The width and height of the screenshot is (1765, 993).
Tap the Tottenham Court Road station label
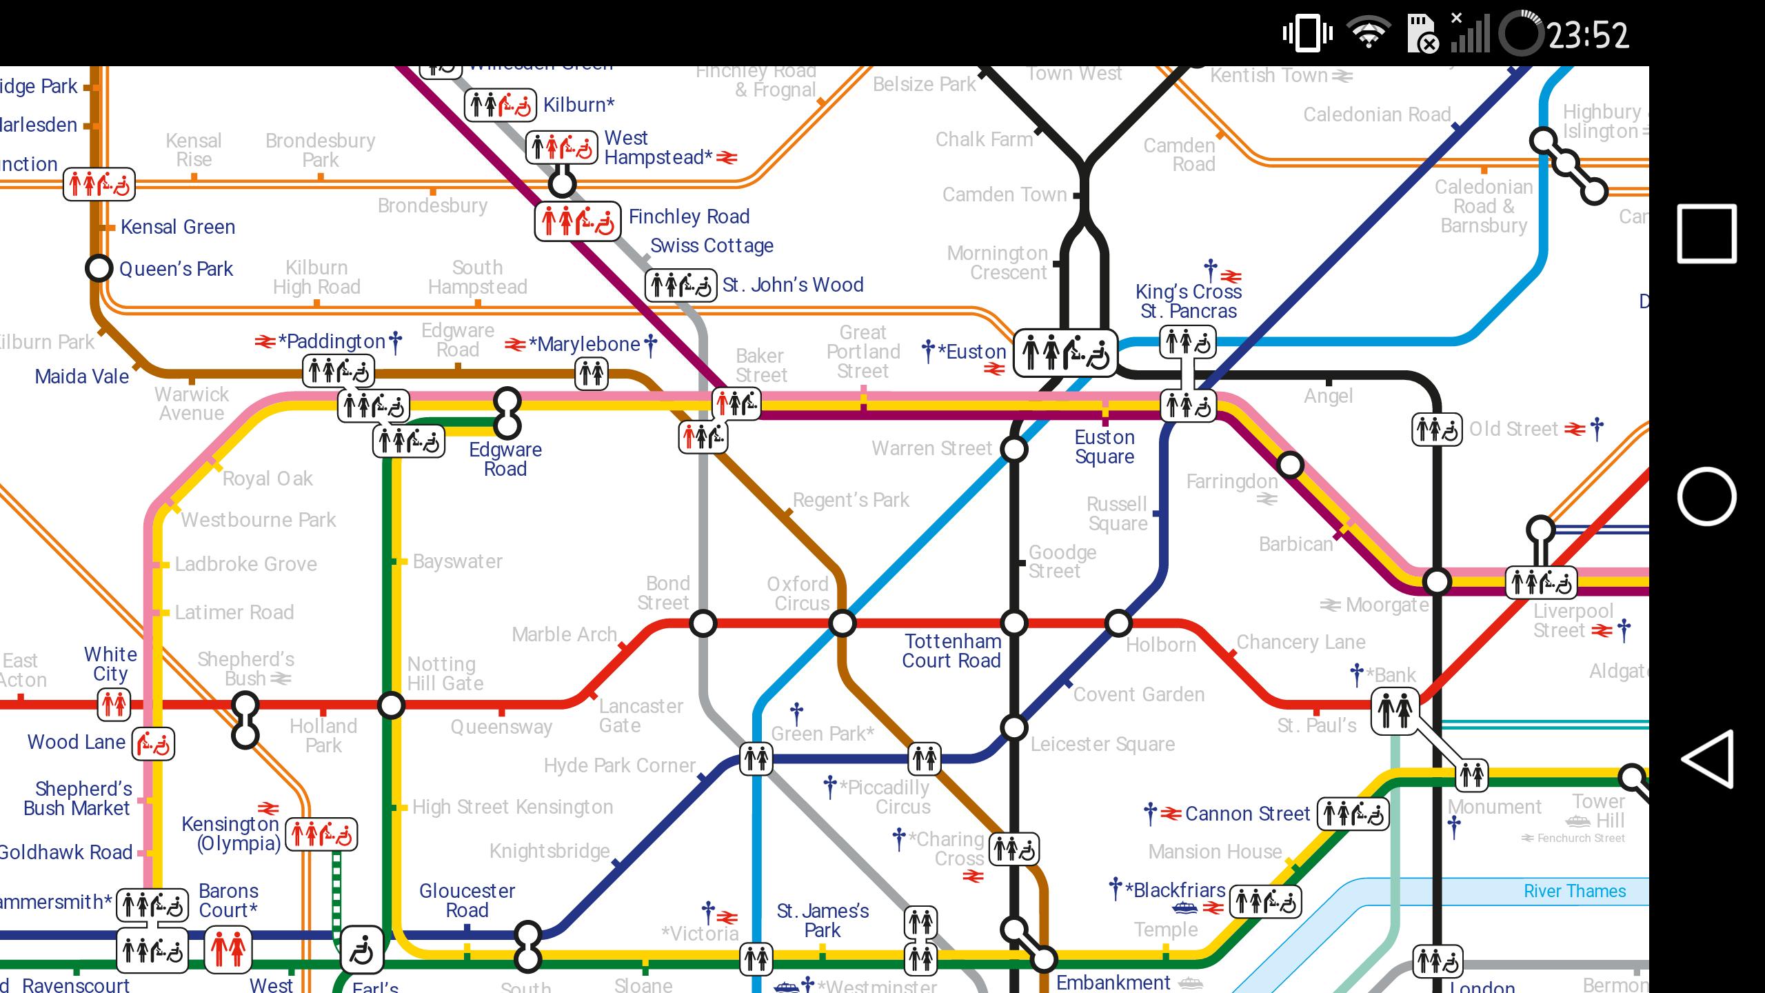[951, 651]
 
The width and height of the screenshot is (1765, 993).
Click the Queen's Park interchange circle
[99, 268]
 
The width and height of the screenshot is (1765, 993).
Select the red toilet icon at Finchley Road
[578, 221]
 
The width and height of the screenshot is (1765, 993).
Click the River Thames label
[1574, 891]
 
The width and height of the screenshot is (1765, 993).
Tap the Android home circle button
[1706, 496]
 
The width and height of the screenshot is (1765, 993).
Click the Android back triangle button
[1706, 759]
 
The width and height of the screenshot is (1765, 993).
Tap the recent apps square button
[1706, 234]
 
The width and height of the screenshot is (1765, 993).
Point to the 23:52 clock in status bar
[1588, 34]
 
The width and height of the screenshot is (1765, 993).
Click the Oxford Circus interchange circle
[842, 623]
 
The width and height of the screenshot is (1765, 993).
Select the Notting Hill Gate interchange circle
[392, 705]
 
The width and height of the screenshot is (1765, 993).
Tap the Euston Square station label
[1105, 447]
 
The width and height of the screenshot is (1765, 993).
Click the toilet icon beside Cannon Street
[1353, 814]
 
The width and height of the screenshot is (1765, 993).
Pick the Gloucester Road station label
[467, 901]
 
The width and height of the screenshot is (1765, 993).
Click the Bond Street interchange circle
[703, 623]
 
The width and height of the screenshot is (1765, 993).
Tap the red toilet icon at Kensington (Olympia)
[321, 834]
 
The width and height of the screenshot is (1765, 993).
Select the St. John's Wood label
[792, 285]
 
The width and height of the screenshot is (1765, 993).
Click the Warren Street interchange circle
[1013, 450]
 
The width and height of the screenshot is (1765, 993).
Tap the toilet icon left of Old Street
[1437, 430]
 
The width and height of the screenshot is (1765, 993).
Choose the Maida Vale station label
[81, 377]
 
